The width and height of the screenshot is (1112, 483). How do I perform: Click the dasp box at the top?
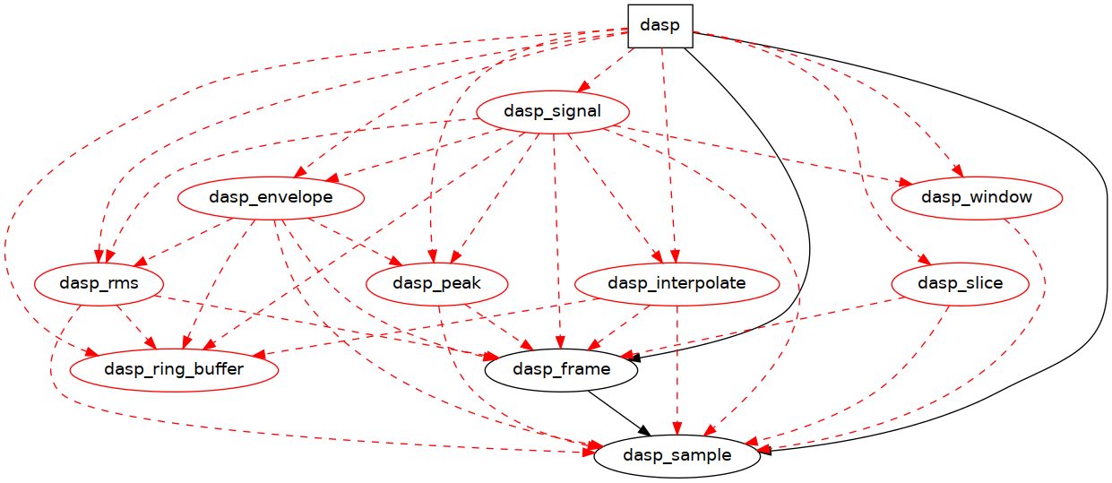click(x=660, y=26)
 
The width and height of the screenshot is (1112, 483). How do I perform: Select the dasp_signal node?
click(x=552, y=112)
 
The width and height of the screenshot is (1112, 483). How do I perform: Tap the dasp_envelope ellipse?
click(x=270, y=198)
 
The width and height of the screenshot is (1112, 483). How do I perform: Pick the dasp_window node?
click(x=976, y=198)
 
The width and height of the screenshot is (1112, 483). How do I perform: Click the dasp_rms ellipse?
click(x=99, y=284)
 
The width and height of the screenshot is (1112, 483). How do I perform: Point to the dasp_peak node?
click(x=437, y=284)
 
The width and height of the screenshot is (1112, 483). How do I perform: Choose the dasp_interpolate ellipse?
click(x=677, y=284)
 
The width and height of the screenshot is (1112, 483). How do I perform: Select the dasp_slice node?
click(x=960, y=284)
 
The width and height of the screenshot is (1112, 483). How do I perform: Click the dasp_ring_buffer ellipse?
click(x=174, y=369)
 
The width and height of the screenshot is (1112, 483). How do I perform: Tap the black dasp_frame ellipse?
click(x=562, y=369)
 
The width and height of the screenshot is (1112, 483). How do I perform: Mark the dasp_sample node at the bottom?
click(x=677, y=455)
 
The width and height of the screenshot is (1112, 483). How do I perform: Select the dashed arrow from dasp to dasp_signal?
click(x=606, y=70)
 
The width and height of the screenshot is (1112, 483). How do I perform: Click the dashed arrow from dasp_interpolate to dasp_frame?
click(x=619, y=327)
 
